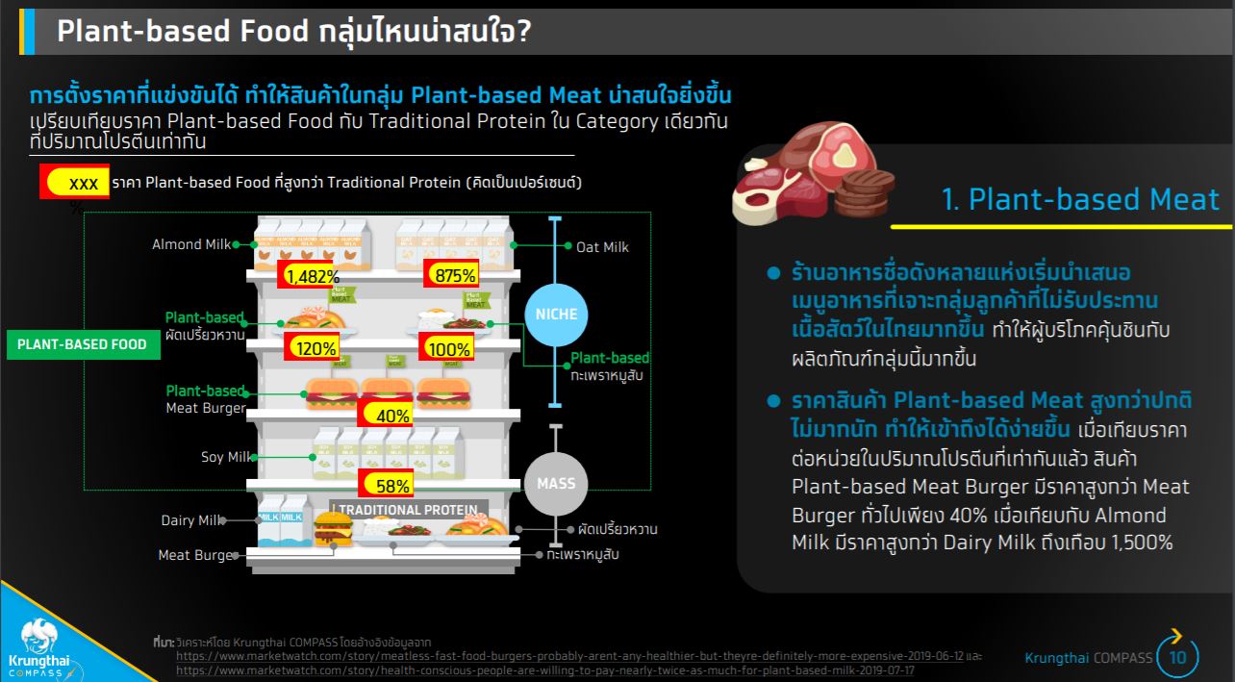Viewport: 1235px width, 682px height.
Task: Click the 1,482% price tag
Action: [x=306, y=275]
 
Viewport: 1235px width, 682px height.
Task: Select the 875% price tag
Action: [x=451, y=275]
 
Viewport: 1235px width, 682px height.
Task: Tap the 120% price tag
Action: [x=312, y=348]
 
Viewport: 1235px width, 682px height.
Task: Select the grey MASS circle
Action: [x=555, y=483]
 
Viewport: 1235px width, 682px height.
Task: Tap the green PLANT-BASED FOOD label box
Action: [x=83, y=344]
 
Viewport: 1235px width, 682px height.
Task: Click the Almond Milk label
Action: [x=191, y=244]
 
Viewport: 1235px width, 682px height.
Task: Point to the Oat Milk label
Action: [x=602, y=247]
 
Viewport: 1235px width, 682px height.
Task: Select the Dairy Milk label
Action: [x=190, y=520]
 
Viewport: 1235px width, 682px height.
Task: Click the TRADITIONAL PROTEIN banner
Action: [x=408, y=510]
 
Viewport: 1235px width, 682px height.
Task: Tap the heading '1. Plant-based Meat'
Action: [x=1080, y=199]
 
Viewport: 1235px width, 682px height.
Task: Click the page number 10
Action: [x=1178, y=658]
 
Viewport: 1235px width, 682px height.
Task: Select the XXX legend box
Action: [x=75, y=182]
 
